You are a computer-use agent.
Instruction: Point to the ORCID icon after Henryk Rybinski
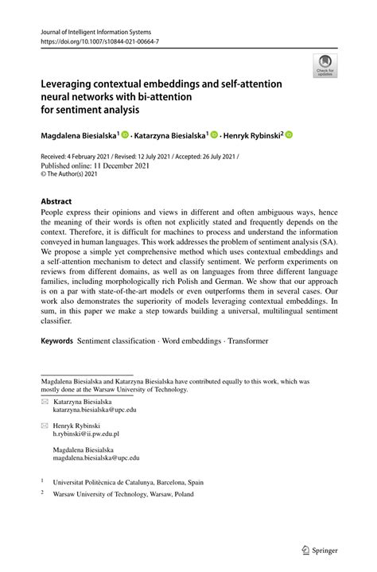click(289, 135)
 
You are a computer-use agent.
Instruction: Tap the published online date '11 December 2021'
click(115, 167)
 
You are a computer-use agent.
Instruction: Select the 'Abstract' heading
click(56, 202)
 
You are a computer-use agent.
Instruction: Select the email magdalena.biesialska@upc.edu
click(96, 458)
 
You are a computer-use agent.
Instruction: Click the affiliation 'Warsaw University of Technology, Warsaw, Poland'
click(124, 494)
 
